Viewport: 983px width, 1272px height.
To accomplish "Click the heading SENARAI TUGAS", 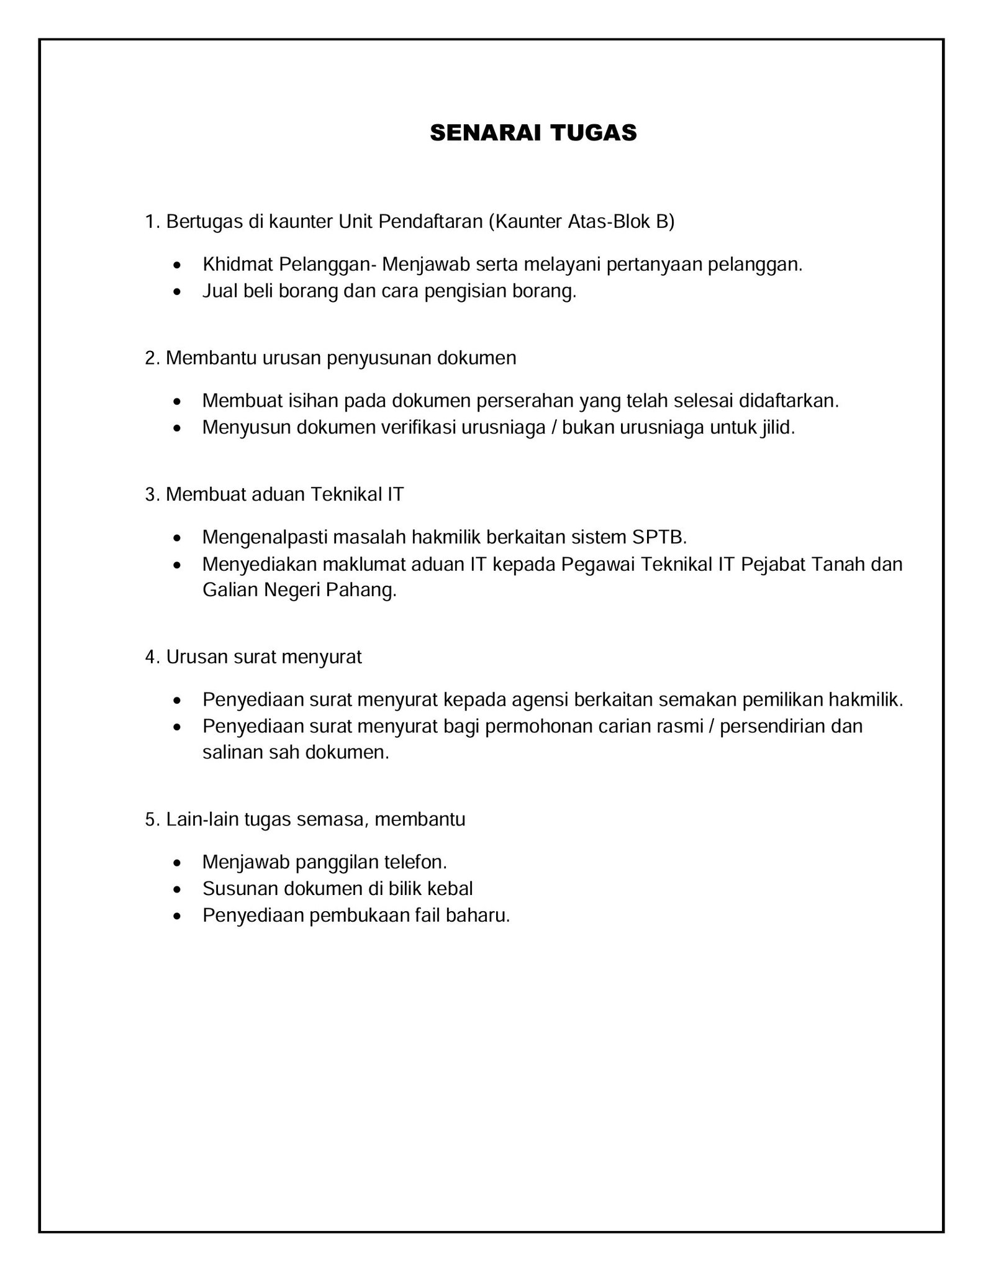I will coord(533,133).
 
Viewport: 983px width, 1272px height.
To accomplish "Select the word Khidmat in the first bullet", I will coord(237,265).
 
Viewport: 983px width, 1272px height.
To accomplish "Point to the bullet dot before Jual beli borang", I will coord(179,291).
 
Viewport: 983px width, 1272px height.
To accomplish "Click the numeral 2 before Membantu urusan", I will coord(150,358).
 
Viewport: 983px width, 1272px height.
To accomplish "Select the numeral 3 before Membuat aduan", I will coord(150,494).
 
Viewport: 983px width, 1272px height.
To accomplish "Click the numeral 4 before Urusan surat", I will coord(150,657).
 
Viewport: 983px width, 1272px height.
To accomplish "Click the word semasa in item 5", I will coord(329,820).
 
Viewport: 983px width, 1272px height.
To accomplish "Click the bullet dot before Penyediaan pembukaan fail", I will coord(179,915).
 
